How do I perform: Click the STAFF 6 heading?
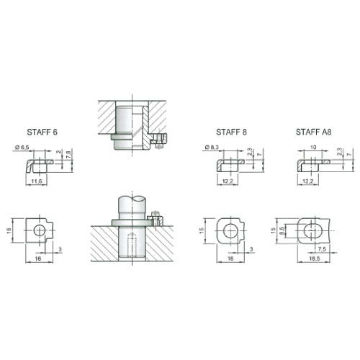click(42, 132)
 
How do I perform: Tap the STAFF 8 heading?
click(231, 132)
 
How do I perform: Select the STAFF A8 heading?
click(313, 132)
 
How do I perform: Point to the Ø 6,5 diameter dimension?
click(22, 148)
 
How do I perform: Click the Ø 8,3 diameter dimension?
click(212, 148)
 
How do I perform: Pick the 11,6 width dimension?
click(37, 181)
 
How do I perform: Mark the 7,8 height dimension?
click(68, 153)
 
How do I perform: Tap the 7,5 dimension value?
click(322, 249)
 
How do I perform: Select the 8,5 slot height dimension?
click(282, 231)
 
